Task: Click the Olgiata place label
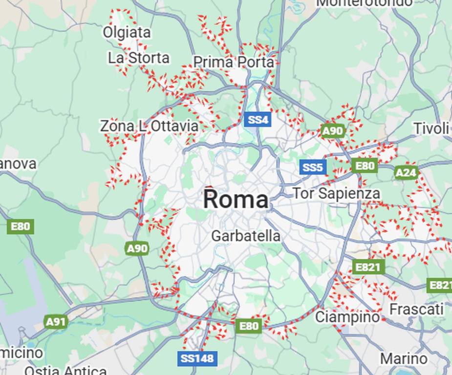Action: tap(127, 32)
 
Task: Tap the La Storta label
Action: tap(138, 58)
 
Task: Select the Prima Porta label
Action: tap(234, 62)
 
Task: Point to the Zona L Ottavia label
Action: tap(149, 126)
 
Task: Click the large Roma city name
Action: tap(236, 200)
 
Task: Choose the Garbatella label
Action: tap(246, 236)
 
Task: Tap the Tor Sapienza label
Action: tap(336, 193)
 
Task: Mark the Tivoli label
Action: tap(431, 128)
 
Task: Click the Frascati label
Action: tap(416, 309)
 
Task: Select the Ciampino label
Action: tap(347, 317)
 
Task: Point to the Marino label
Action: tap(404, 359)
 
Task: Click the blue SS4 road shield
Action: tap(258, 120)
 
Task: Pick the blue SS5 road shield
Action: tap(313, 167)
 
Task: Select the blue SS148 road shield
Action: tap(197, 358)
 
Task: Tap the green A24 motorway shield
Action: tap(406, 172)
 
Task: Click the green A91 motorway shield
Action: tap(56, 322)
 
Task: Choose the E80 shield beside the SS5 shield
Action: tap(365, 166)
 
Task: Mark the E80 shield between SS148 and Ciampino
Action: tap(248, 326)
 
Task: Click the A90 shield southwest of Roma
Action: tap(137, 249)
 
